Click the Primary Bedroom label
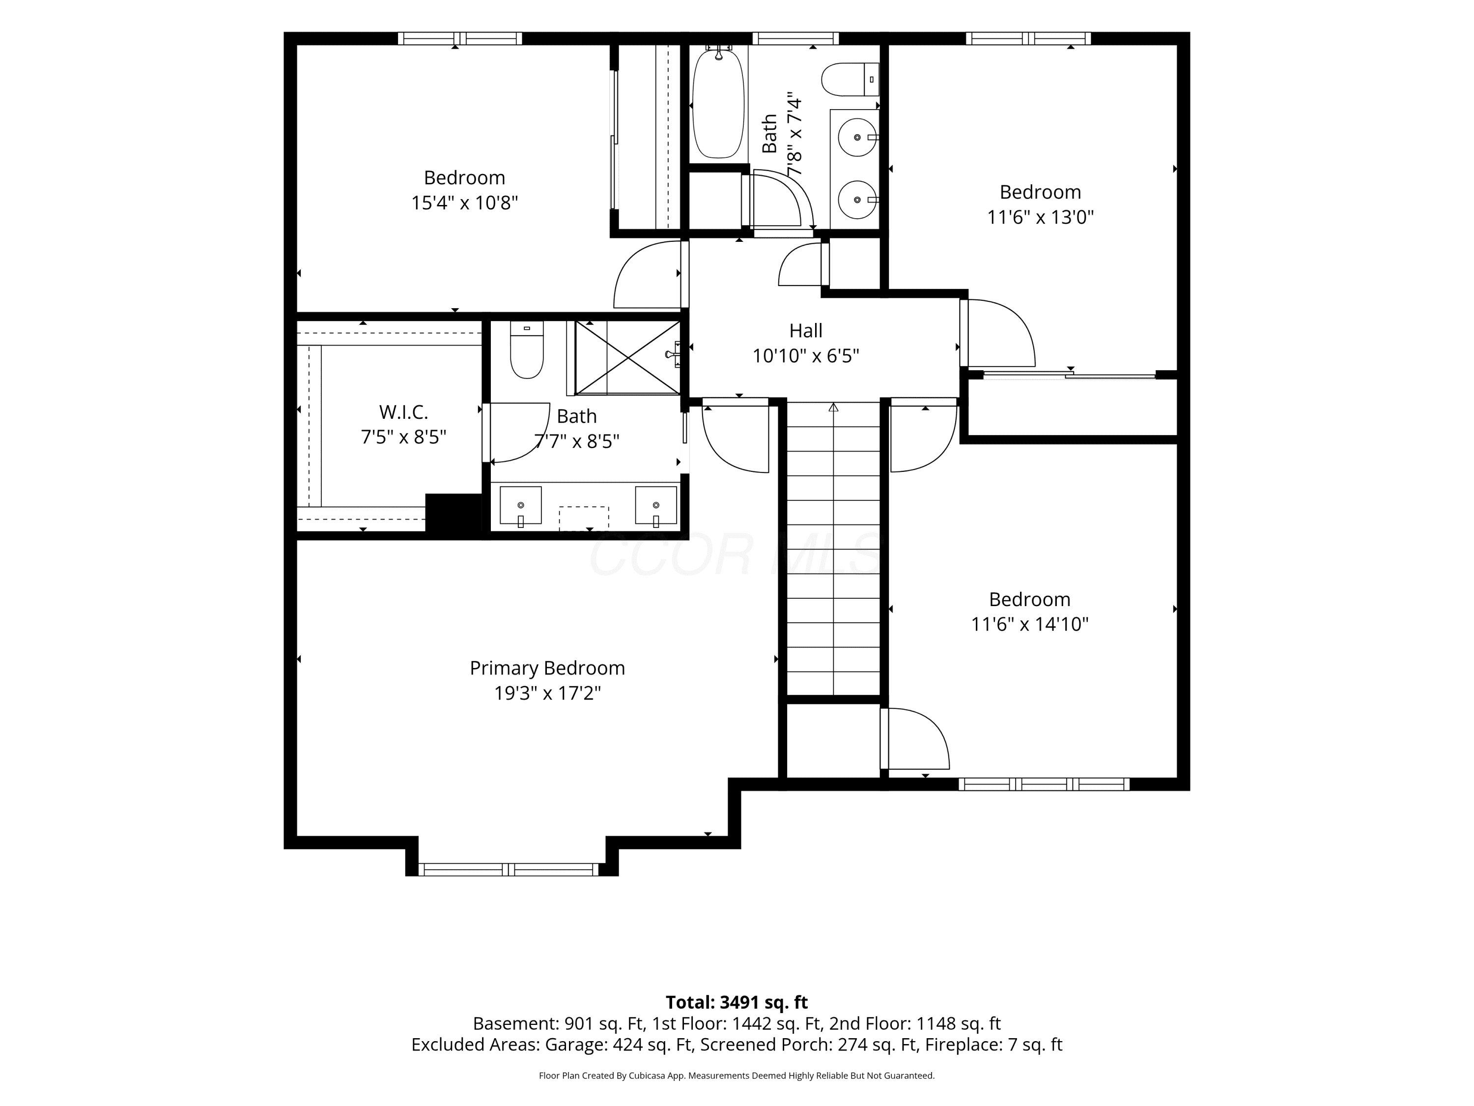pos(547,668)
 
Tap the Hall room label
pos(806,331)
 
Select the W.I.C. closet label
pos(403,412)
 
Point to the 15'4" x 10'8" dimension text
pos(464,203)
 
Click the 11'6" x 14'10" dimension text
pos(1029,624)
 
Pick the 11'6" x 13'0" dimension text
pos(1040,217)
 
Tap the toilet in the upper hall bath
pos(850,79)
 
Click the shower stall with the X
pos(627,358)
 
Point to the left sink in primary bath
pos(520,506)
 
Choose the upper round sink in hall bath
pos(857,137)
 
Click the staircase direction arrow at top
pos(833,407)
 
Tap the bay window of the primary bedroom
pos(509,870)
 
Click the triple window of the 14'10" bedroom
pos(1044,785)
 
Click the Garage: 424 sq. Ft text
pos(619,1045)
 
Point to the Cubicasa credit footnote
pos(737,1076)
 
